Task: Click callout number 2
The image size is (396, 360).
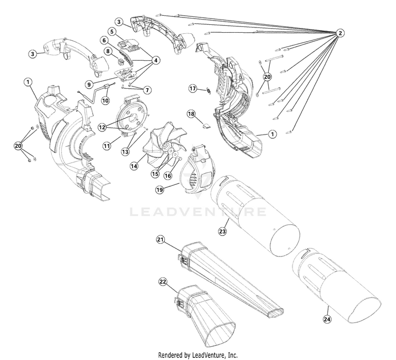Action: coord(341,33)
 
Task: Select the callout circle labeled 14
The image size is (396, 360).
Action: coord(134,166)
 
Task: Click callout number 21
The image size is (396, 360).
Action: coord(161,239)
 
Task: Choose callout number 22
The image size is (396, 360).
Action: coord(163,281)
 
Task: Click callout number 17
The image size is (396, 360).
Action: coord(193,89)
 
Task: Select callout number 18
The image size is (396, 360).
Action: coord(191,114)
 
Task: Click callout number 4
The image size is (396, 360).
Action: coord(156,60)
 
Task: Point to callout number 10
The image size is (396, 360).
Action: coord(105,100)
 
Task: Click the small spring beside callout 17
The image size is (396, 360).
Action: coord(208,91)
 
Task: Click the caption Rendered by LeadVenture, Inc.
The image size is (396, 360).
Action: coord(198,354)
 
